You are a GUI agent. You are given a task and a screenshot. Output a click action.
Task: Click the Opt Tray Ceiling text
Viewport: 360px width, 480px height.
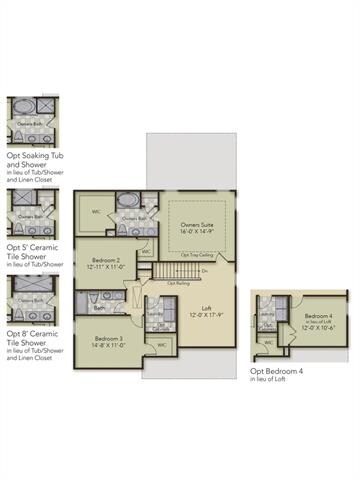pos(198,256)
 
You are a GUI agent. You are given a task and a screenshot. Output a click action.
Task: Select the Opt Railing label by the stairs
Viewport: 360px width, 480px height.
pos(179,284)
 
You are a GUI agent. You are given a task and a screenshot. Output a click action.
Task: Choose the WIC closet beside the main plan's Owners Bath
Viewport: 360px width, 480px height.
pos(96,210)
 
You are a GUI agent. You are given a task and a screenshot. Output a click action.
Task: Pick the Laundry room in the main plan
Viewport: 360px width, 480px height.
pos(156,313)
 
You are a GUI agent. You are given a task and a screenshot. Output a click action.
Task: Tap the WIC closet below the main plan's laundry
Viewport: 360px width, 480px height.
pos(161,345)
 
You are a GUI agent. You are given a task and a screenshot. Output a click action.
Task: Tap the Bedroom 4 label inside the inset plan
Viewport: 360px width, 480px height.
pos(319,318)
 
